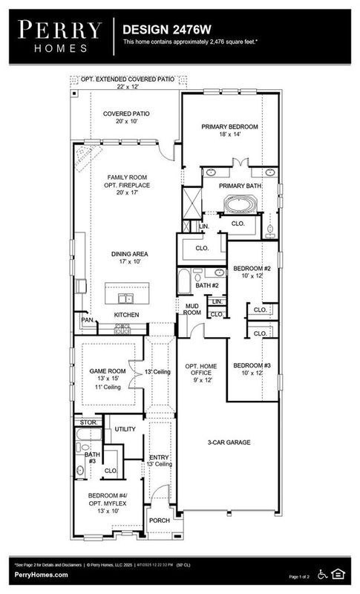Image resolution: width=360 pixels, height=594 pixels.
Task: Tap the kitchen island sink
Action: (x=126, y=298)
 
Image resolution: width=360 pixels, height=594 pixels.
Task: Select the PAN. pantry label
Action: (x=88, y=321)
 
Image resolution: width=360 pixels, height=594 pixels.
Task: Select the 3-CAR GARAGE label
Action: (x=229, y=442)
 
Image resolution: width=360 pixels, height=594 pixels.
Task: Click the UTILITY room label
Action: (x=125, y=430)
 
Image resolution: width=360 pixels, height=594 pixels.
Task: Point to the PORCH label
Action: (x=160, y=520)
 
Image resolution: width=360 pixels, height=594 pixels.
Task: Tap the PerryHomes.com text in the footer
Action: (x=41, y=575)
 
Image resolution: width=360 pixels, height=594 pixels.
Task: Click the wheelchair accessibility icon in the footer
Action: (x=322, y=573)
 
